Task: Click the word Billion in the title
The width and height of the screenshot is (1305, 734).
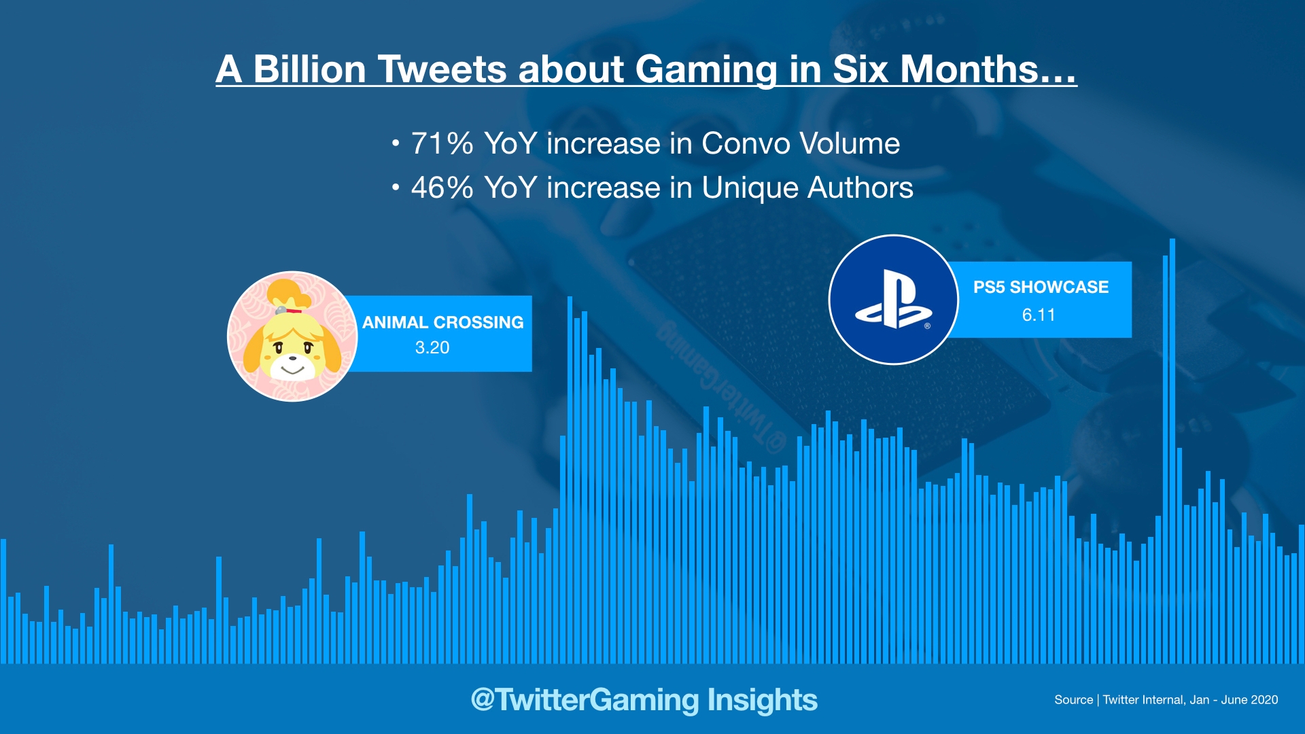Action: [x=309, y=69]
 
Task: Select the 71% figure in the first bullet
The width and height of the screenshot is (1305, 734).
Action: [x=442, y=143]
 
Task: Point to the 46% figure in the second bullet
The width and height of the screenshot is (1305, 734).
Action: [x=442, y=188]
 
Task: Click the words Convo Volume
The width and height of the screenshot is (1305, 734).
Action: [x=800, y=143]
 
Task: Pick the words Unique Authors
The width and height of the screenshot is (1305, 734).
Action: [x=807, y=188]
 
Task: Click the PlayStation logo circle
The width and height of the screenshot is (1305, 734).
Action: [x=893, y=300]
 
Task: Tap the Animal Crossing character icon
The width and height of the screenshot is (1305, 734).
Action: [x=292, y=336]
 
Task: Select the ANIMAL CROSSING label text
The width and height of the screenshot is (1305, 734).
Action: [x=442, y=322]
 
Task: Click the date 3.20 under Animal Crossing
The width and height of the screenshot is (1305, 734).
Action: [x=432, y=347]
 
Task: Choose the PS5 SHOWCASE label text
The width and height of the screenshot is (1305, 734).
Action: [x=1041, y=287]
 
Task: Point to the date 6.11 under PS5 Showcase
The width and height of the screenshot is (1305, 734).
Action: [x=1039, y=315]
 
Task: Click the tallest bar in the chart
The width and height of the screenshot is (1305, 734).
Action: [x=1172, y=449]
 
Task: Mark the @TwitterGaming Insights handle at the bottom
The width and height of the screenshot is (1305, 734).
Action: [x=644, y=699]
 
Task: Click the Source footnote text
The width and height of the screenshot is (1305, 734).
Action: [x=1166, y=699]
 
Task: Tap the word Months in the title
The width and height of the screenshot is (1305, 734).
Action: [x=979, y=69]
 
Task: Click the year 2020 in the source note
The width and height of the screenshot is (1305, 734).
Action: [x=1264, y=699]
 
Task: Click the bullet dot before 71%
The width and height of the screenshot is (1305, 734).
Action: [x=396, y=144]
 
